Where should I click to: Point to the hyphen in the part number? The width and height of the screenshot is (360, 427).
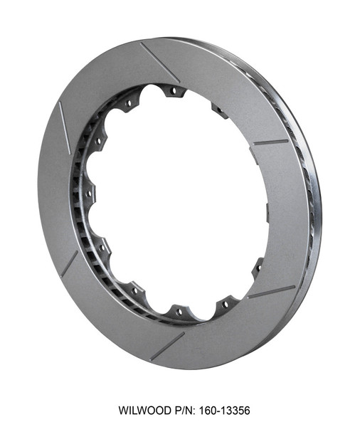click(x=213, y=411)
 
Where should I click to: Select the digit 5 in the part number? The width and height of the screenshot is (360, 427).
click(x=239, y=411)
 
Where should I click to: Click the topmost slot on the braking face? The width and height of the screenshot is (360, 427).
click(x=159, y=61)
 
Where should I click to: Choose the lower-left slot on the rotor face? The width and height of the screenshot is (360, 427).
click(x=69, y=263)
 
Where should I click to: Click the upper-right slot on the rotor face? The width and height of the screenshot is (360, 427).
click(x=271, y=142)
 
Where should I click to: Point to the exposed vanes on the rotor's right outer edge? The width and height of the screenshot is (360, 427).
click(x=309, y=213)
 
